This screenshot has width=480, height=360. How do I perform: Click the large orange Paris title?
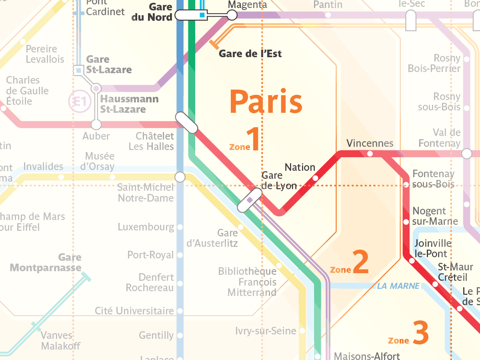click(266, 102)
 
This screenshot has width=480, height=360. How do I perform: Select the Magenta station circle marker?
click(232, 16)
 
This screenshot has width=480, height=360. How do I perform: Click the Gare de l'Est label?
click(250, 54)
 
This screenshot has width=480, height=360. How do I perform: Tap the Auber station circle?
click(96, 124)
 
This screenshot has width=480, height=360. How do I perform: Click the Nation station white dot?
click(315, 178)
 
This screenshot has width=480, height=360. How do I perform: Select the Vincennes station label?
click(370, 143)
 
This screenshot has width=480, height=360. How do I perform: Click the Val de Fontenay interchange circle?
click(466, 154)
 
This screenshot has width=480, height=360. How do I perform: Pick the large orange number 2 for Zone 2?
click(361, 262)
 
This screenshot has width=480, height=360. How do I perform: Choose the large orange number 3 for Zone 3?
click(420, 333)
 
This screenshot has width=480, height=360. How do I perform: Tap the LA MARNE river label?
click(398, 286)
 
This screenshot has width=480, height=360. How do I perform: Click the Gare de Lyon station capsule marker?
click(250, 200)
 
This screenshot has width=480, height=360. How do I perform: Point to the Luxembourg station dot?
click(180, 227)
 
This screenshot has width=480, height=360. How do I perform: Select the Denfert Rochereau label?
click(150, 282)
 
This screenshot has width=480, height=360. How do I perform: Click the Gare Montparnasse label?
click(46, 262)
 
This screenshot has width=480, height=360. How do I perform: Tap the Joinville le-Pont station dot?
click(412, 261)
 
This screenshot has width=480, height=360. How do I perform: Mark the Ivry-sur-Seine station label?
click(266, 331)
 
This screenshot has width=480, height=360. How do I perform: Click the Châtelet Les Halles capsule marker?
click(187, 123)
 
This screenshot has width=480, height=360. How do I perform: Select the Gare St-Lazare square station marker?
click(79, 70)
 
